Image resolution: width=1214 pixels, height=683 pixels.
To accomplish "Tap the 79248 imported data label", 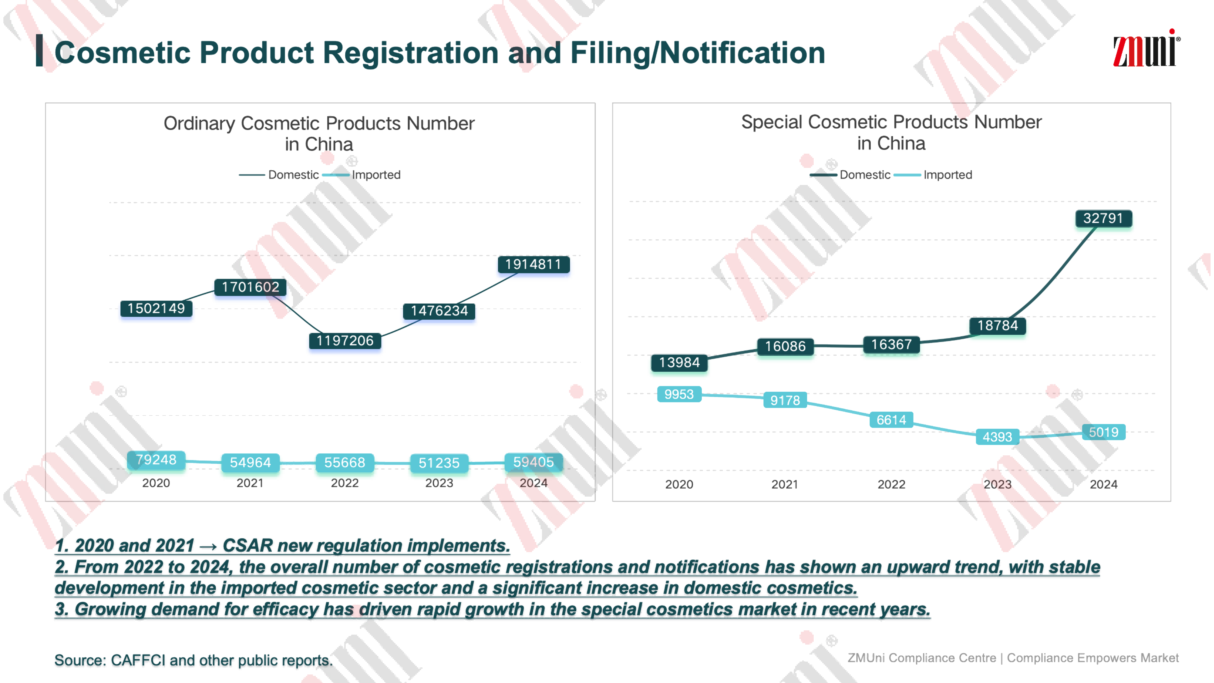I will [156, 460].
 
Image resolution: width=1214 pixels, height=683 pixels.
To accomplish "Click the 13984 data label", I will [679, 363].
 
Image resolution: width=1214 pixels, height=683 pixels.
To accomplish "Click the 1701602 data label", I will [250, 287].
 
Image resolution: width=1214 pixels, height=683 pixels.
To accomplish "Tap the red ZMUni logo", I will [1145, 49].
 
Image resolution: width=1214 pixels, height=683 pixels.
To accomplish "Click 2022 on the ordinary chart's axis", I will [345, 483].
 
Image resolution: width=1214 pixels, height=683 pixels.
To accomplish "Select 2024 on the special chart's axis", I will [1103, 485].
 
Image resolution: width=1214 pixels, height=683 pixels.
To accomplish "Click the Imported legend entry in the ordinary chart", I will [376, 175].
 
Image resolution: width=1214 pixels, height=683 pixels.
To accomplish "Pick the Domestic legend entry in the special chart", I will [865, 175].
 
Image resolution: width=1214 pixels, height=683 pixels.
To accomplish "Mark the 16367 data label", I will [891, 345].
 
